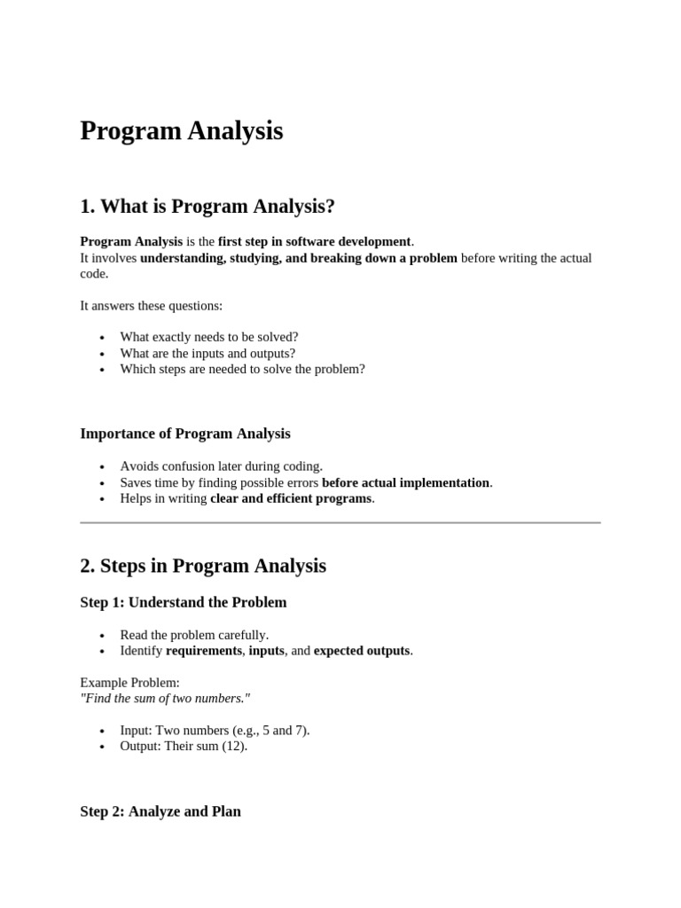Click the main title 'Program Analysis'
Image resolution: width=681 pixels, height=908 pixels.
pos(182,131)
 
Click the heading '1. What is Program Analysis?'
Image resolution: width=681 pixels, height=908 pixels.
pos(207,207)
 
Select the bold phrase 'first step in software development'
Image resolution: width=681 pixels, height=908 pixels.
pos(315,241)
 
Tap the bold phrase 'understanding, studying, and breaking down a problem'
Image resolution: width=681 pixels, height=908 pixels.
pos(299,258)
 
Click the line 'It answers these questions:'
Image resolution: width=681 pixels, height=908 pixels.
pos(152,306)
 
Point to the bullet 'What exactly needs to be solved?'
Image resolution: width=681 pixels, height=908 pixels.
pos(209,337)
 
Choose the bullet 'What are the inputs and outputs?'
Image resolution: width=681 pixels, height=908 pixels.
pos(207,353)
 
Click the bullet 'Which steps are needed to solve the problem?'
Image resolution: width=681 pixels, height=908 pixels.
pos(242,369)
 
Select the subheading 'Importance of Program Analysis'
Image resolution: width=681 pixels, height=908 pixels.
pos(185,434)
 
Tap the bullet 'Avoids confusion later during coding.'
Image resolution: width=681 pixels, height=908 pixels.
pos(222,466)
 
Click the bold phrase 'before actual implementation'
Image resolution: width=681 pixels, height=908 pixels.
pos(405,482)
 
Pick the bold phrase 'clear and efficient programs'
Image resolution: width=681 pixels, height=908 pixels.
pos(291,498)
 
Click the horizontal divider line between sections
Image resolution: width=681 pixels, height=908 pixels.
pos(340,523)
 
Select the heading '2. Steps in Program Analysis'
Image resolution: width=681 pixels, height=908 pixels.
pos(203,566)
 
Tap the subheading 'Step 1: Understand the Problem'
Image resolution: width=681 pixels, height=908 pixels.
pos(184,603)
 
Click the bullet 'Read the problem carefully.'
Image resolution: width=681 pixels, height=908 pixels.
pos(194,635)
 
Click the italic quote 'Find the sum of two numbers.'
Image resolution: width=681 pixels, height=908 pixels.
pos(165,699)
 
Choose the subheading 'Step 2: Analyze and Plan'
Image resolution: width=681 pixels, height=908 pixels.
pos(160,811)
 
